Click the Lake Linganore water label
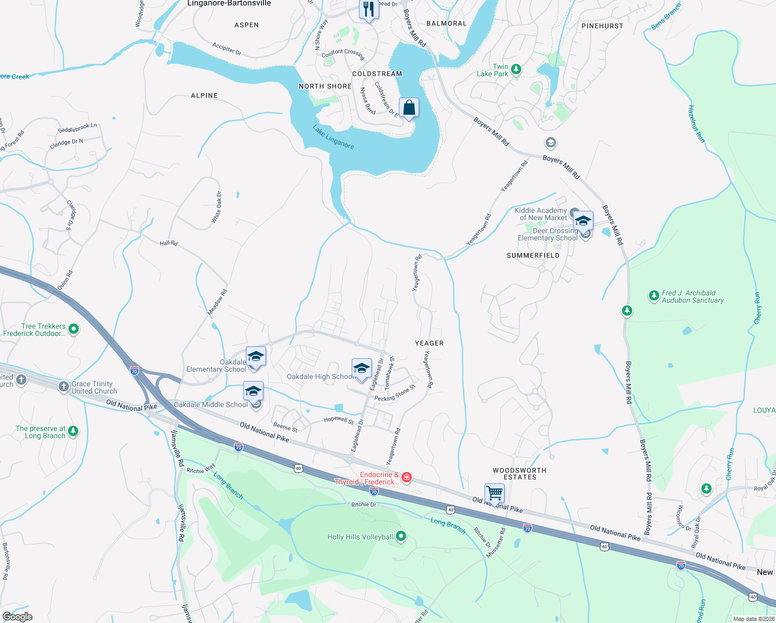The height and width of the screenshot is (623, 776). click(334, 137)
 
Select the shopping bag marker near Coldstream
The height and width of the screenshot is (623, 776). click(409, 109)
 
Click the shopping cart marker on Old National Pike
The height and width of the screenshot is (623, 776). click(494, 493)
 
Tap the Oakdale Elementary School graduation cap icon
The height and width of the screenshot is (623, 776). click(256, 357)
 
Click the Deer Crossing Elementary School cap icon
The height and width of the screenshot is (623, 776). click(583, 221)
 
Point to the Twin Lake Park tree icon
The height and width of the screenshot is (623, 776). click(516, 69)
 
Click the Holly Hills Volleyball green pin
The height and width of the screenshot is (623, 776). click(401, 536)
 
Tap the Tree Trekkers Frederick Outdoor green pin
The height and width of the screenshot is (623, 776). click(74, 329)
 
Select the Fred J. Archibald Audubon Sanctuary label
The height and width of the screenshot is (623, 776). click(692, 296)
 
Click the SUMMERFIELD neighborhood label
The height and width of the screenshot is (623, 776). click(533, 255)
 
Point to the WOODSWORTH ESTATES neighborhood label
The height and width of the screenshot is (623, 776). click(519, 473)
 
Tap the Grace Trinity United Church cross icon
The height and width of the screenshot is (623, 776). click(63, 386)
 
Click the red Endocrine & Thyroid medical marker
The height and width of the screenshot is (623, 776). click(407, 477)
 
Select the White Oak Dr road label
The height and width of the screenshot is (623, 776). click(216, 208)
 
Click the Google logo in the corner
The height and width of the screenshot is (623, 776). click(17, 617)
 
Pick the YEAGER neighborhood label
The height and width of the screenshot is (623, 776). click(429, 343)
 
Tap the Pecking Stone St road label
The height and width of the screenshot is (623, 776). click(395, 394)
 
